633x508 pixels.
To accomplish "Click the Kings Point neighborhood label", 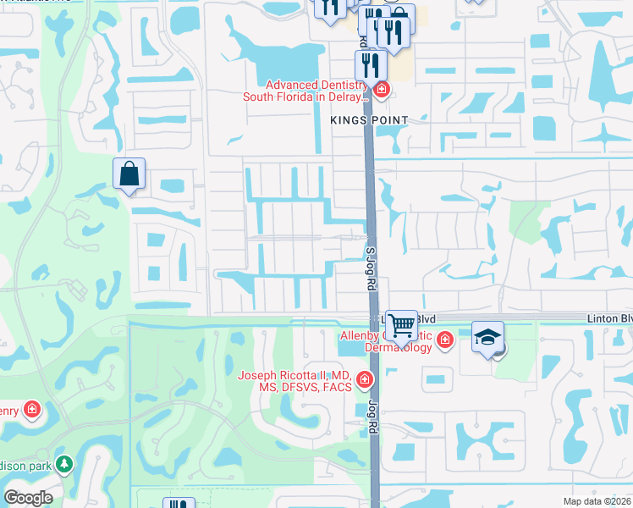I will (369, 121).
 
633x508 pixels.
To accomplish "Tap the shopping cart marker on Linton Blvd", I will (401, 324).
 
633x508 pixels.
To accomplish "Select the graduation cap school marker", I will (487, 337).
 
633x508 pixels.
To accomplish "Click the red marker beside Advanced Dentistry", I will (382, 89).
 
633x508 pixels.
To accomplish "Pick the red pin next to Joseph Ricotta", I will (365, 381).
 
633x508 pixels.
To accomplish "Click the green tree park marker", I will (63, 464).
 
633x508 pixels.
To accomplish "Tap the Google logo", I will (28, 498).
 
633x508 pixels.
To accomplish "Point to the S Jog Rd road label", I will (370, 268).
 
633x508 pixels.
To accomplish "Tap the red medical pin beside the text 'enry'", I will (32, 411).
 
